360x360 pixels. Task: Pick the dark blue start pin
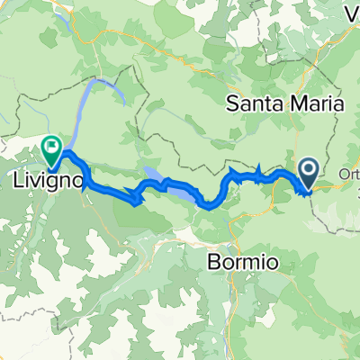tap(308, 170)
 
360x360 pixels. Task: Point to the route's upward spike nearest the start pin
tap(259, 168)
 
